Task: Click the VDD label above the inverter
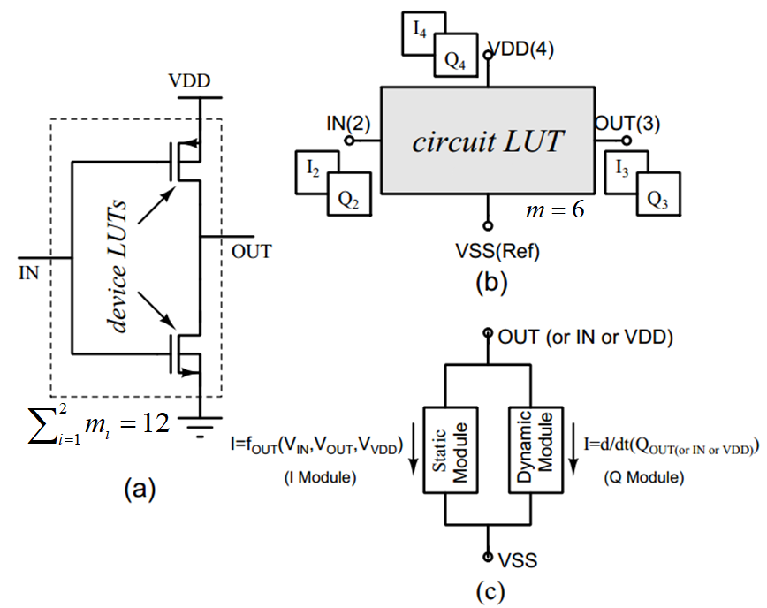(x=189, y=80)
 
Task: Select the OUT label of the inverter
(x=251, y=252)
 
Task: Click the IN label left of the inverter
(x=28, y=273)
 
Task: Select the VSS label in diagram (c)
(x=517, y=560)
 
